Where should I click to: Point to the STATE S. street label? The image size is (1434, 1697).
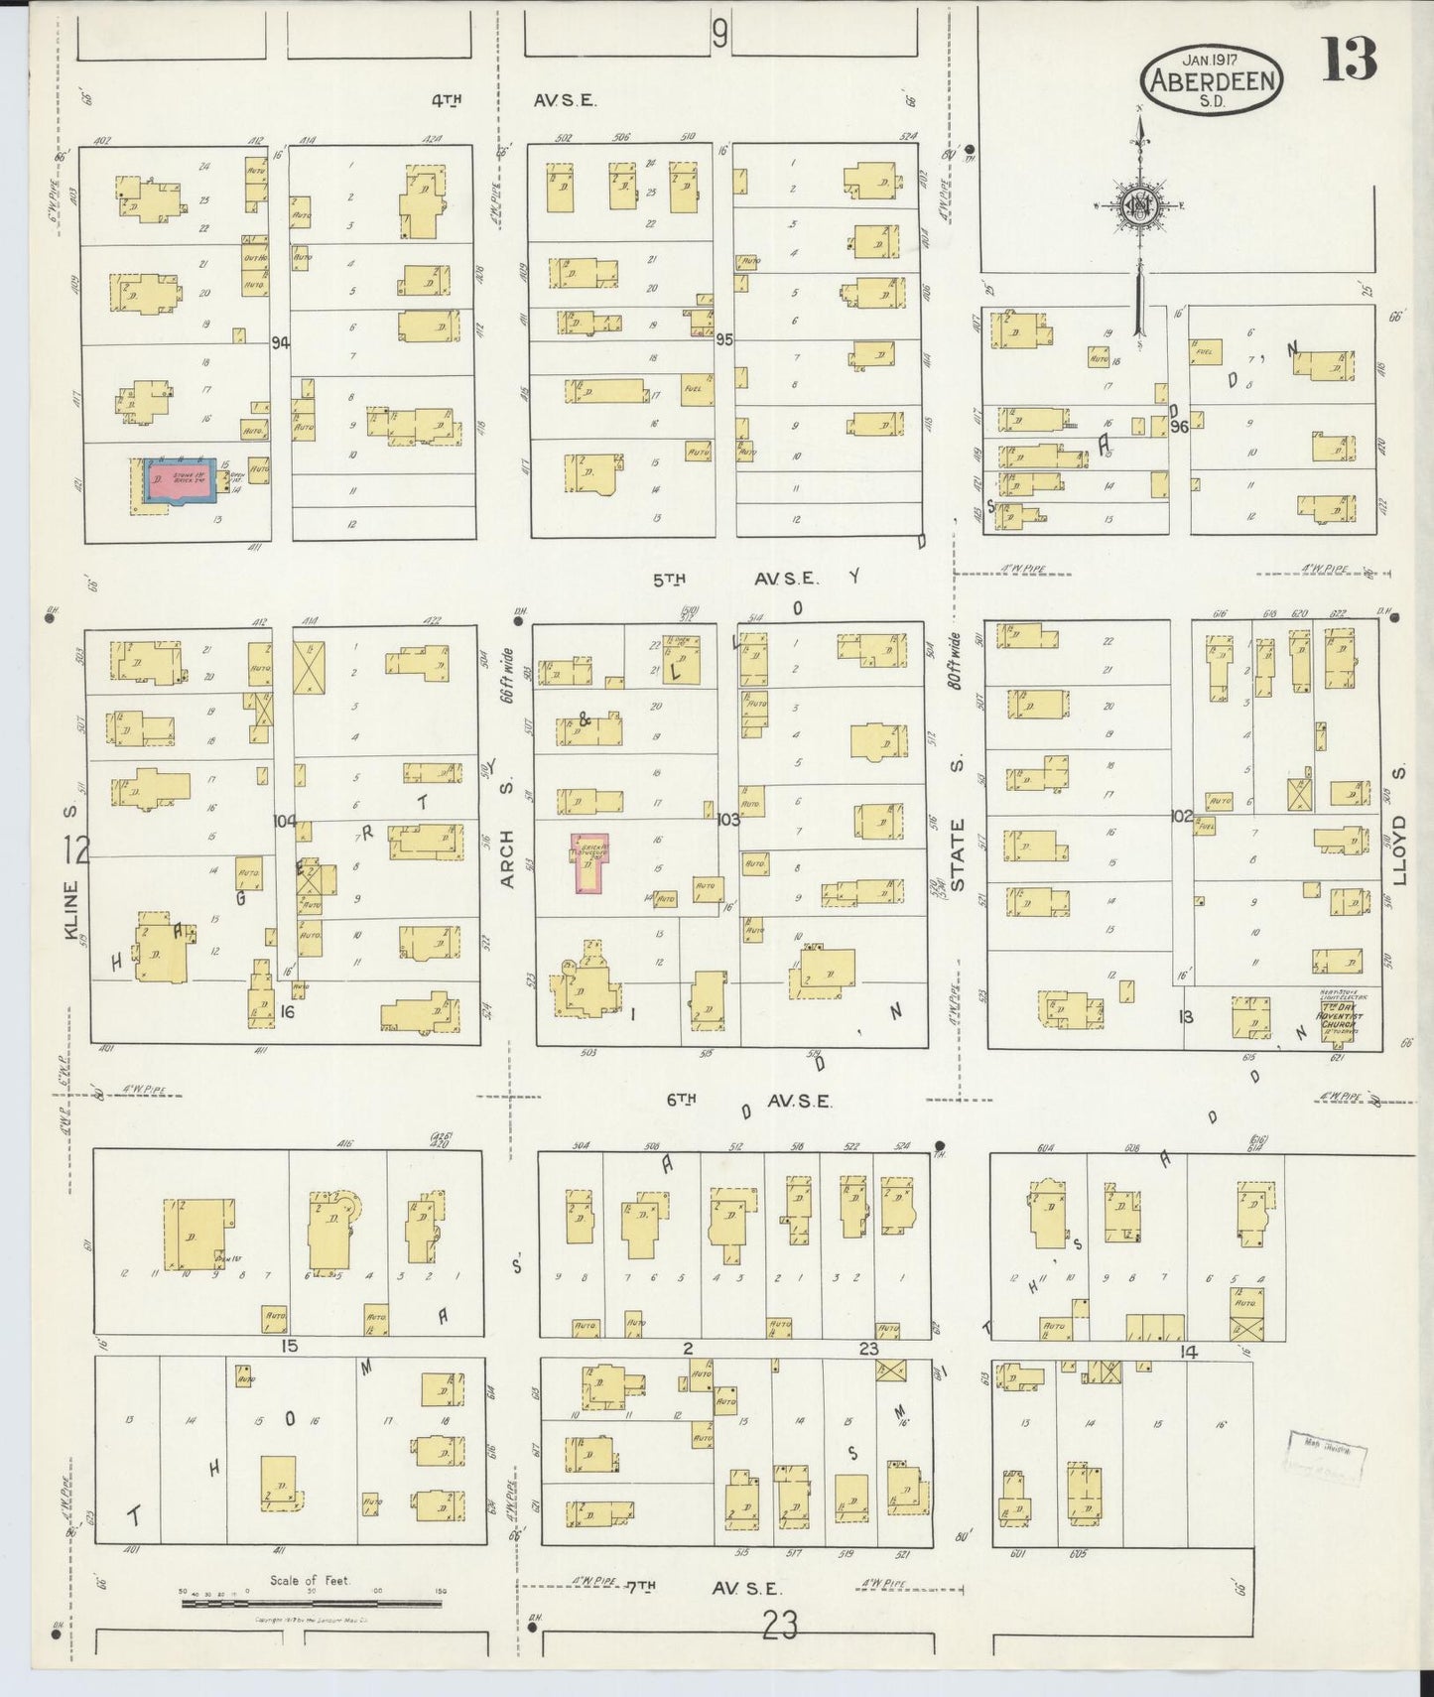pyautogui.click(x=958, y=852)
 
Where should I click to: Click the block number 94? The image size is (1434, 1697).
pyautogui.click(x=281, y=342)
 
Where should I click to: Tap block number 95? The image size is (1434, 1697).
pyautogui.click(x=723, y=339)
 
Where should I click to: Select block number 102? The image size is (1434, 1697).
pyautogui.click(x=1181, y=816)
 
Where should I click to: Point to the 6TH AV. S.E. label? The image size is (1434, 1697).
pyautogui.click(x=746, y=1101)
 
